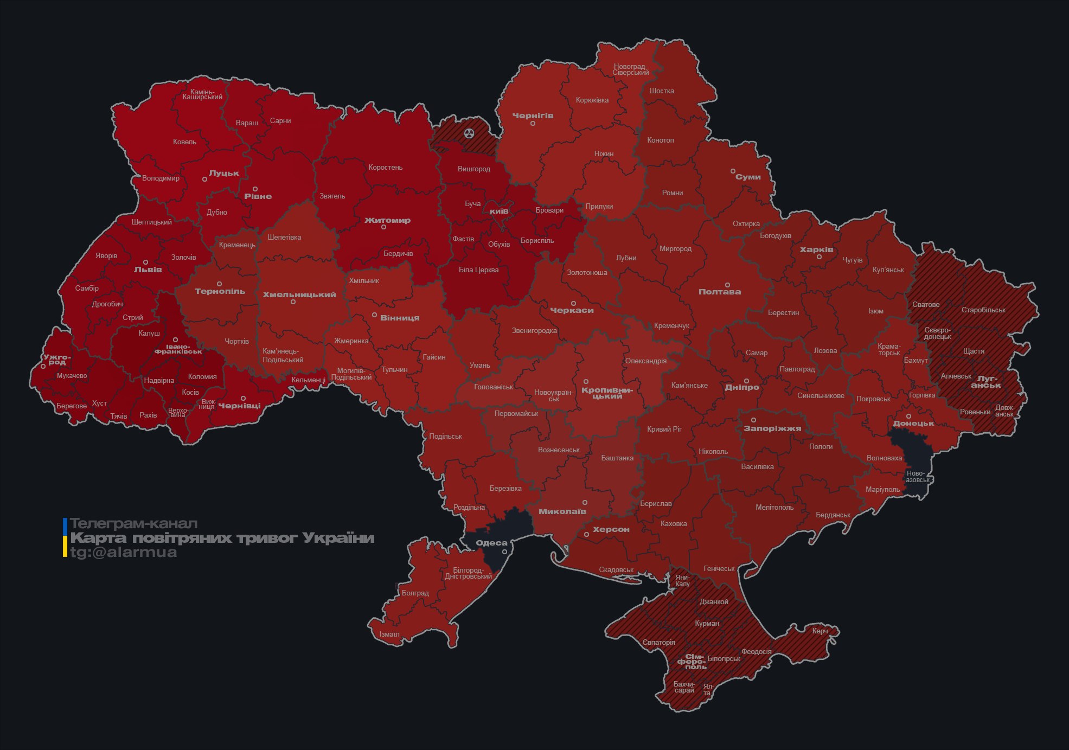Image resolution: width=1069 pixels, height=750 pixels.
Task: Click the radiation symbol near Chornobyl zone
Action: tap(469, 133)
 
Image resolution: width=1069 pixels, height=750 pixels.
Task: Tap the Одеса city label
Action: tap(491, 543)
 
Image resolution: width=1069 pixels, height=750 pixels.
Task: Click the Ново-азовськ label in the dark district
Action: tap(918, 477)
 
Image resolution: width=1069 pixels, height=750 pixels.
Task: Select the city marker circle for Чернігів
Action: tap(533, 124)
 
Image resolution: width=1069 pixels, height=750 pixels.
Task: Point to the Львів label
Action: tap(148, 270)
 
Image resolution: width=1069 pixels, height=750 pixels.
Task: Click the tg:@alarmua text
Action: tap(124, 553)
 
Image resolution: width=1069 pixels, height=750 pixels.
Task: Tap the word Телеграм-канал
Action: tap(133, 524)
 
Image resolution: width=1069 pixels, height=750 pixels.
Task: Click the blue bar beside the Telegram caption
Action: tap(65, 525)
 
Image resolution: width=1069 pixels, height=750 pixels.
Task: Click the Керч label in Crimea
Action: tap(820, 631)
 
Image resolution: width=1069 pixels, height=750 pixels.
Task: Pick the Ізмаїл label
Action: tap(389, 634)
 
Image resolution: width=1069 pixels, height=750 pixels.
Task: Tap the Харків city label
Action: tap(816, 250)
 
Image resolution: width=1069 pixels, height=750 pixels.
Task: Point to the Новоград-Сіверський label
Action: tap(630, 69)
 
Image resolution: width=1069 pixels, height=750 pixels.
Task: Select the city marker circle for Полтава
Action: tap(727, 285)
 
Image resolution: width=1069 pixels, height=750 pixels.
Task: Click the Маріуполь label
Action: tap(882, 490)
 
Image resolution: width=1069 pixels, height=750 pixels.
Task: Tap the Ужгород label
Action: tap(57, 360)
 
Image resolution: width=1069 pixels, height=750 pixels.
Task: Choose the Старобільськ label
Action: tap(983, 310)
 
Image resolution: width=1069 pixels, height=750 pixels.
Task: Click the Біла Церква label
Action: tap(478, 270)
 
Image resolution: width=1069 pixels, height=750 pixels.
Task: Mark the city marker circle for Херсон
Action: tap(586, 535)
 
